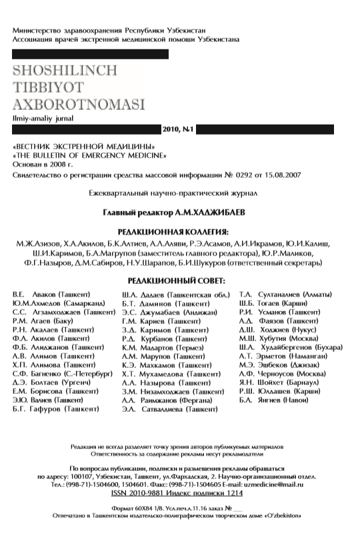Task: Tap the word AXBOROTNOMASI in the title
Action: pos(78,105)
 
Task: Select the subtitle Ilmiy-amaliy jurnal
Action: pos(38,118)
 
